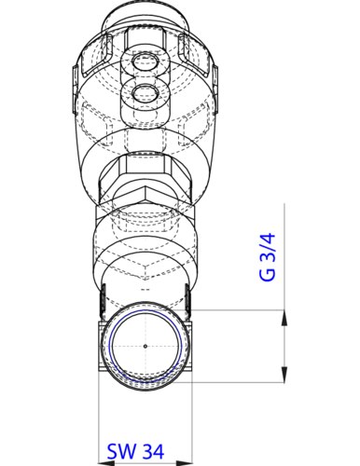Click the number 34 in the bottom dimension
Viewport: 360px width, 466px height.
pos(154,450)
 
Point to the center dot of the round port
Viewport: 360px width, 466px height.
pos(145,346)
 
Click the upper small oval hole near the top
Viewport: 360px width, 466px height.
pos(145,62)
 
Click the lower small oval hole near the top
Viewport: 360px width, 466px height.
pos(145,92)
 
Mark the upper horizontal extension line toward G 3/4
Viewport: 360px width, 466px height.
pos(242,310)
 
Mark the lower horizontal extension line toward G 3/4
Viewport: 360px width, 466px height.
pos(242,381)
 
